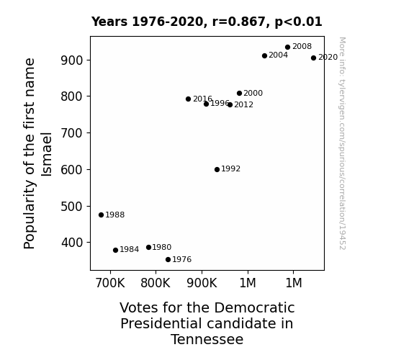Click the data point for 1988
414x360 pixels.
tap(101, 215)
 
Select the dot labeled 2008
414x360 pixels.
tap(288, 48)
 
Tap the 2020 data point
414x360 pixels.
tap(313, 58)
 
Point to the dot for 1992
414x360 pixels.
tap(217, 170)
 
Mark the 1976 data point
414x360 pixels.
tap(168, 260)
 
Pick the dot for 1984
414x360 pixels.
tap(115, 250)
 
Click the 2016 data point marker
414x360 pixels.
tap(188, 99)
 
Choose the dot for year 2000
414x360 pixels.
tap(240, 93)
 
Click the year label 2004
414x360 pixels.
tap(279, 55)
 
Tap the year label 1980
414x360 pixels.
tap(162, 247)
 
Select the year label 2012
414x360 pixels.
tap(243, 105)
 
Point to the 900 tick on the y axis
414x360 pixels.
tap(72, 60)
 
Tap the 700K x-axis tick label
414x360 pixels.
tap(110, 283)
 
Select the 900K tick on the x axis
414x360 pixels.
tap(202, 283)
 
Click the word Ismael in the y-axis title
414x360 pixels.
tap(47, 154)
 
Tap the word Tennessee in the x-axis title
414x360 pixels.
tap(207, 340)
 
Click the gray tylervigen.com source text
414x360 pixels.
tap(342, 143)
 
